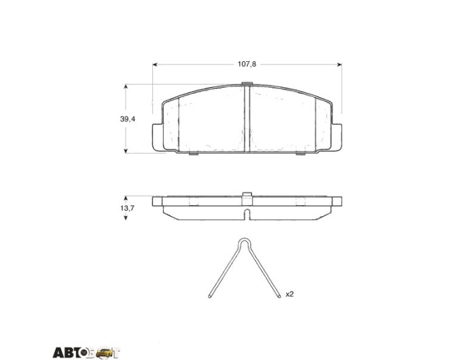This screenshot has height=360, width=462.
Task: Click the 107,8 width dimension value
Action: (x=247, y=64)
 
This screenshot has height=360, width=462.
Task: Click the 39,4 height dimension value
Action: (x=128, y=119)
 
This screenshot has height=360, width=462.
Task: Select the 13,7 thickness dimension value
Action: (x=127, y=208)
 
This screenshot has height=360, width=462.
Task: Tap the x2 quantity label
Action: (x=289, y=294)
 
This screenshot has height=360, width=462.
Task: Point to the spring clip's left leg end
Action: (x=209, y=296)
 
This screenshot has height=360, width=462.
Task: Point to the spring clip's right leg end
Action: (x=279, y=296)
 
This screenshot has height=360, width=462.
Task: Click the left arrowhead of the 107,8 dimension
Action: (x=154, y=65)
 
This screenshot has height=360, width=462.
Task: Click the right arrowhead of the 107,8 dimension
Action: (x=340, y=65)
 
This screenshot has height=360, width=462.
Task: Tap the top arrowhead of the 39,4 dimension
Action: (x=126, y=87)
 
